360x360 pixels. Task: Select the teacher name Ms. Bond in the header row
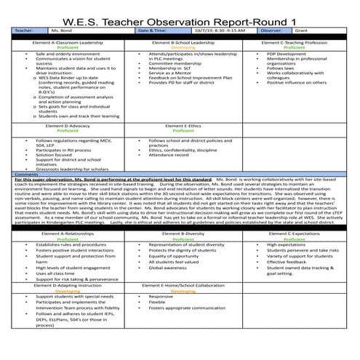coord(58,31)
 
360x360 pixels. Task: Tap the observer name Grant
coord(302,31)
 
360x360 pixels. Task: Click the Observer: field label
coord(269,31)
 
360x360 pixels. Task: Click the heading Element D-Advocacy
coord(62,125)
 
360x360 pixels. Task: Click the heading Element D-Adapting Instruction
coord(62,285)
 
